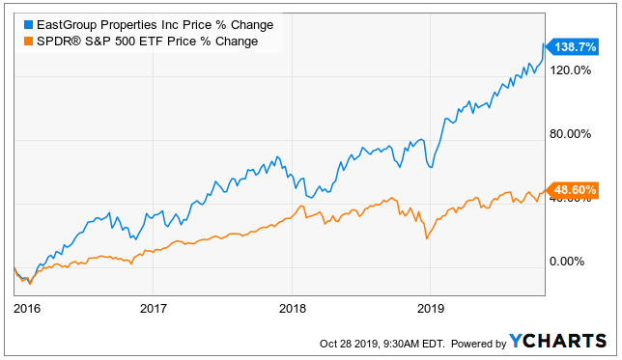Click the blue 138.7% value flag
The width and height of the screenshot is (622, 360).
pos(573,47)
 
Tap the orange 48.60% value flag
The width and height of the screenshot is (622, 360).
pos(573,190)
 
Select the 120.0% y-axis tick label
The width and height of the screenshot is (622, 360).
pos(570,70)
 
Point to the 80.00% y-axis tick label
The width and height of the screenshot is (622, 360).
pos(570,134)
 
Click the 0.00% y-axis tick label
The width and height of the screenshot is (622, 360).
pos(566,262)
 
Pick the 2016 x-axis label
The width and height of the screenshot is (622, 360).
pos(27,309)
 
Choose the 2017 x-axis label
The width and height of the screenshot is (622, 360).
pos(154,309)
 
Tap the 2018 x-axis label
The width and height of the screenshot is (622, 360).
pos(293,309)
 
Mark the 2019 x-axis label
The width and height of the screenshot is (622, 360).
pos(431,309)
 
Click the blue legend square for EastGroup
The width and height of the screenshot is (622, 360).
pos(28,25)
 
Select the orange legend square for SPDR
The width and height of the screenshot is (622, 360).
pos(28,42)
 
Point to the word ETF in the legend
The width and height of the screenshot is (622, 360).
pos(153,42)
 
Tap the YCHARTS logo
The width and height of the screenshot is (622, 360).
pos(557,341)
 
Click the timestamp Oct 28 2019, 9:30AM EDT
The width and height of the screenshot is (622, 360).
pos(382,344)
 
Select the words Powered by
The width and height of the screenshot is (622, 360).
pos(478,344)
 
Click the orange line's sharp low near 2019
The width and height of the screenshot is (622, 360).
pos(427,238)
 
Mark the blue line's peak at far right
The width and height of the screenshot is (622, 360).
pos(543,43)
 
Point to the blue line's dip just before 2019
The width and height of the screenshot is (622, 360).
pos(431,167)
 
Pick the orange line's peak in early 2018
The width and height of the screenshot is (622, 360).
pos(302,206)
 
